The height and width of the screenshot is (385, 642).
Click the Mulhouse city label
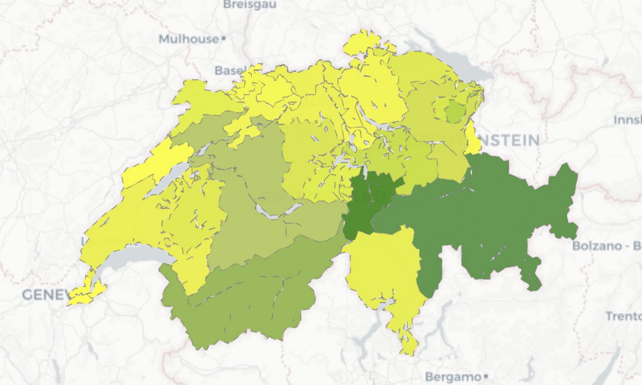tap(188, 39)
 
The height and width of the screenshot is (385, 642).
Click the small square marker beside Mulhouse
tap(223, 39)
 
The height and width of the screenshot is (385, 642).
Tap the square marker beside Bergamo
tap(485, 377)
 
